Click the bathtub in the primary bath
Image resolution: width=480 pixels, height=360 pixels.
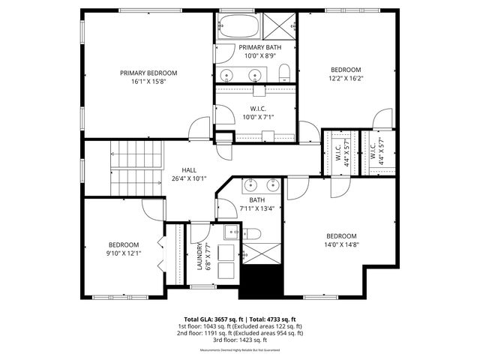(238, 28)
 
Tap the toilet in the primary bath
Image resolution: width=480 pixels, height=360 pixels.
(284, 73)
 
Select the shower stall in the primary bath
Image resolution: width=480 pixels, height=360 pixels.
(279, 28)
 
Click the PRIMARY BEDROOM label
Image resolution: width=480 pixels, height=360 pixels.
(148, 73)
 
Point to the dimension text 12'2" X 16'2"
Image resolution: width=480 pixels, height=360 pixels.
(346, 78)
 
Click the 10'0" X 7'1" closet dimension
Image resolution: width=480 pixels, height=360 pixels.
(257, 117)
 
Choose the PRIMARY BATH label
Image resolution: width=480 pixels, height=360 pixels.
(257, 47)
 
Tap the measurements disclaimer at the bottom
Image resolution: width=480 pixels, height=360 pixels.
(239, 350)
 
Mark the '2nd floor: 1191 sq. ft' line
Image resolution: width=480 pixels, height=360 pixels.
(239, 332)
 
